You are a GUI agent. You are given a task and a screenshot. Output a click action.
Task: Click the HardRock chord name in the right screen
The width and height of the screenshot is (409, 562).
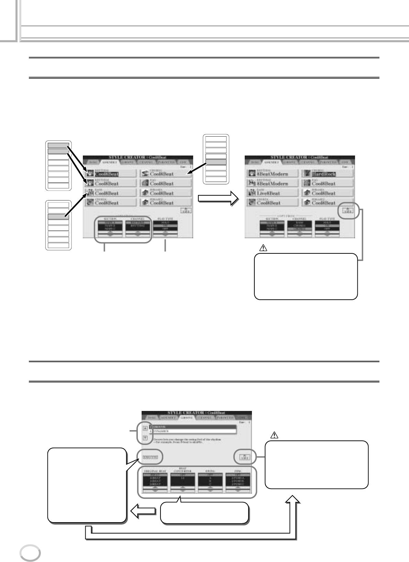click(323, 174)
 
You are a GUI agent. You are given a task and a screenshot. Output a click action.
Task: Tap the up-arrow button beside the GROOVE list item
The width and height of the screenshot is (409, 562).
click(145, 428)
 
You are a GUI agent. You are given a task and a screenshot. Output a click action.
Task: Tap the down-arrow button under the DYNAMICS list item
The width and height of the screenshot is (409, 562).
click(145, 438)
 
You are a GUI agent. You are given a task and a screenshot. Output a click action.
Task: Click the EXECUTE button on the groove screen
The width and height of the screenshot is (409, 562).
click(150, 457)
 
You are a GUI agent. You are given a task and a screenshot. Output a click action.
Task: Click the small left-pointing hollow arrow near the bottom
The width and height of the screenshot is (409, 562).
click(142, 512)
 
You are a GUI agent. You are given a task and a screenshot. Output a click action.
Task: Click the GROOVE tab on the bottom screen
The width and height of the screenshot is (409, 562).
click(187, 417)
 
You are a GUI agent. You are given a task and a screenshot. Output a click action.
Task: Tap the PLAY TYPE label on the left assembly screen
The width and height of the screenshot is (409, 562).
click(165, 219)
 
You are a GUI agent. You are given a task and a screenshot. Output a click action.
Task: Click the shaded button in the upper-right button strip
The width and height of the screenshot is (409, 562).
click(215, 162)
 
